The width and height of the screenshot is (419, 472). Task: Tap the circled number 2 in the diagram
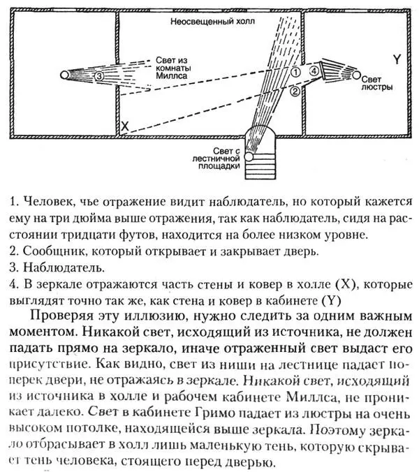pos(295,91)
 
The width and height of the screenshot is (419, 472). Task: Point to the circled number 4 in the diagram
pos(315,71)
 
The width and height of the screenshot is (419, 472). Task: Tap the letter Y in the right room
pos(397,60)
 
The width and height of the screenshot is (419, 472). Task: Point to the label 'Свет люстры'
pos(377,82)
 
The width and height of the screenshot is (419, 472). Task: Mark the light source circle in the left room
pos(65,74)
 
